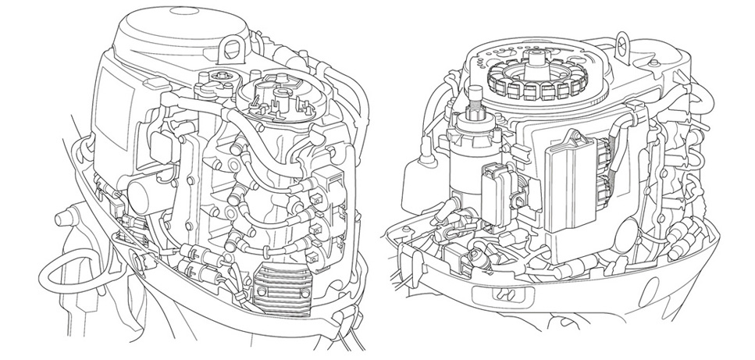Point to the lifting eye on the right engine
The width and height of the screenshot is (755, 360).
point(622,39)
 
